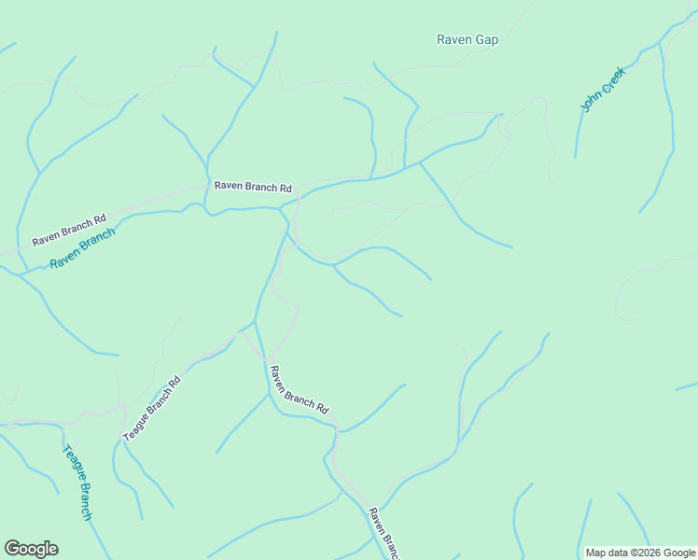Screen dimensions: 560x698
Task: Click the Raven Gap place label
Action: click(468, 39)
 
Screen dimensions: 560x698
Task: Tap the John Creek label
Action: click(602, 91)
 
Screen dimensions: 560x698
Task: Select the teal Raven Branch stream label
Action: click(82, 249)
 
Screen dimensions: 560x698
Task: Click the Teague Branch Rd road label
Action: click(152, 408)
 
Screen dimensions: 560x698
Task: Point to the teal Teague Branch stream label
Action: click(77, 482)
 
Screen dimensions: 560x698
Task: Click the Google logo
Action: click(31, 549)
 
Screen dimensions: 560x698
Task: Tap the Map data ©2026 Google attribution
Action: click(640, 553)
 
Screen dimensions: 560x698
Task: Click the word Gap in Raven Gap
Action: click(486, 39)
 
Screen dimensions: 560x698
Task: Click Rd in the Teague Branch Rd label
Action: click(175, 382)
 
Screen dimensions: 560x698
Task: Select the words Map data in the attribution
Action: click(607, 553)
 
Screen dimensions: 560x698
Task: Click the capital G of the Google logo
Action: click(12, 549)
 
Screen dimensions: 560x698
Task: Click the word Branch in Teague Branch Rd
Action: click(154, 406)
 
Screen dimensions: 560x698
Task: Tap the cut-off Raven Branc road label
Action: click(384, 532)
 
